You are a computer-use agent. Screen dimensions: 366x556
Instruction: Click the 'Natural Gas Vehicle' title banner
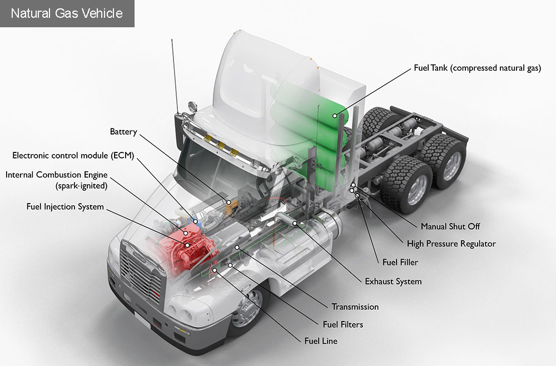pyautogui.click(x=67, y=13)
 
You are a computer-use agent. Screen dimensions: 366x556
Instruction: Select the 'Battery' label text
pyautogui.click(x=123, y=132)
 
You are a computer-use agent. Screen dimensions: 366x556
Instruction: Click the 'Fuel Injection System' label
pyautogui.click(x=65, y=207)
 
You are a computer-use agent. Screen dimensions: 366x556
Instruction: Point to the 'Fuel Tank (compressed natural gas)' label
pyautogui.click(x=477, y=68)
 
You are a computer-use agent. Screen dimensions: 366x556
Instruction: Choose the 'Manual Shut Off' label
pyautogui.click(x=450, y=226)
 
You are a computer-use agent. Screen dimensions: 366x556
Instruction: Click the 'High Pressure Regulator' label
pyautogui.click(x=451, y=244)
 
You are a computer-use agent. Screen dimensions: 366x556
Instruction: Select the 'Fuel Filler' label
pyautogui.click(x=400, y=262)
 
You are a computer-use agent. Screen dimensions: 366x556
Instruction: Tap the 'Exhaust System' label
pyautogui.click(x=393, y=281)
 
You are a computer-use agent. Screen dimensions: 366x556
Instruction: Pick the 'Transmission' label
pyautogui.click(x=355, y=307)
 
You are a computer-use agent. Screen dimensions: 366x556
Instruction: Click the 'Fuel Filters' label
pyautogui.click(x=342, y=324)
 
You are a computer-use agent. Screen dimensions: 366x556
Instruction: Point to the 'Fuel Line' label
pyautogui.click(x=320, y=341)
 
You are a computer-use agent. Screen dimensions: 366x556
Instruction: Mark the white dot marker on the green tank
pyautogui.click(x=335, y=116)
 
